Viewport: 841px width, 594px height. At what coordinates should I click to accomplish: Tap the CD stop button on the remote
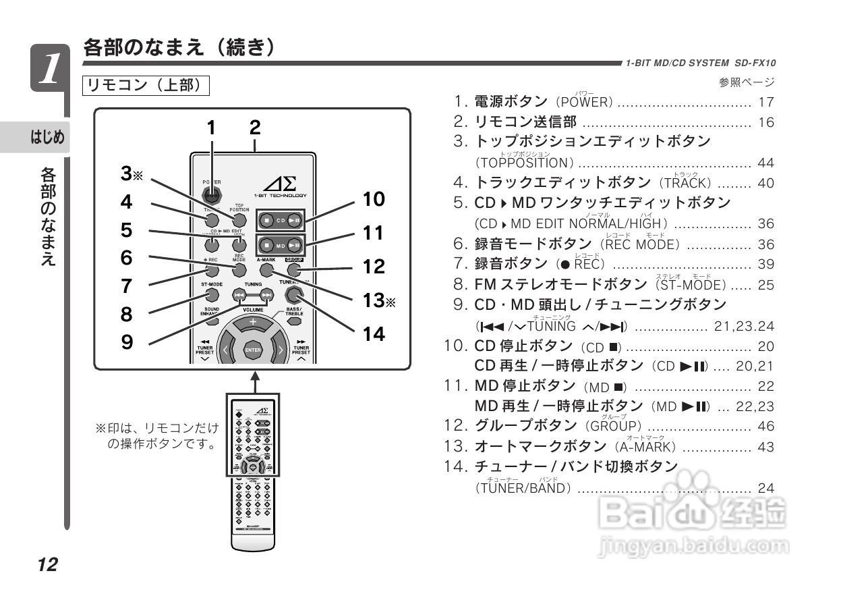(267, 220)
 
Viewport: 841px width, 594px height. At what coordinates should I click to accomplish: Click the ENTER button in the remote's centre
(253, 350)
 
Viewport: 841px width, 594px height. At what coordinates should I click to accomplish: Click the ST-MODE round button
(212, 296)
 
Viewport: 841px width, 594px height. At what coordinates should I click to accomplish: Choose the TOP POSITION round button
(239, 220)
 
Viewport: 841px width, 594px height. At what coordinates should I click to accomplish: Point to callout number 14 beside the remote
(374, 333)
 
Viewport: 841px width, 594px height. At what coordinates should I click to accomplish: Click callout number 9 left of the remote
(127, 342)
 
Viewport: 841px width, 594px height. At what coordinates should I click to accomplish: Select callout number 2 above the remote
(254, 128)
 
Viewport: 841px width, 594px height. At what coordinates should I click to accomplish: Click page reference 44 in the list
(765, 163)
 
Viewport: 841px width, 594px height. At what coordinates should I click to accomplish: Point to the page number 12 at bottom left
(47, 564)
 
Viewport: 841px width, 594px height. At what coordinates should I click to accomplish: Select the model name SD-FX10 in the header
(755, 63)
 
